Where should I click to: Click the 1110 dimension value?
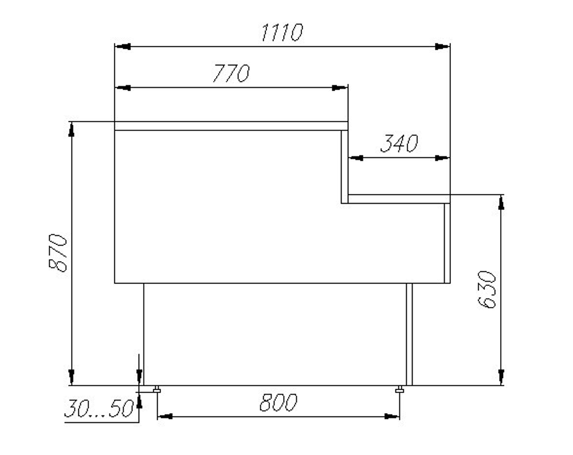(x=282, y=32)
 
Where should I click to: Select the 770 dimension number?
(x=231, y=73)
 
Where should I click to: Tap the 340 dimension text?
(x=399, y=143)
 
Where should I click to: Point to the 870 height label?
(x=58, y=252)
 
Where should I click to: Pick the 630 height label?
(x=486, y=290)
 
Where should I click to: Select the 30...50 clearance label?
(x=99, y=409)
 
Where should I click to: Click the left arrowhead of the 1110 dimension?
(x=123, y=46)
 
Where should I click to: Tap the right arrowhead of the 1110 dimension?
(x=442, y=46)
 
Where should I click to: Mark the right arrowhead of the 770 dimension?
(x=340, y=88)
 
